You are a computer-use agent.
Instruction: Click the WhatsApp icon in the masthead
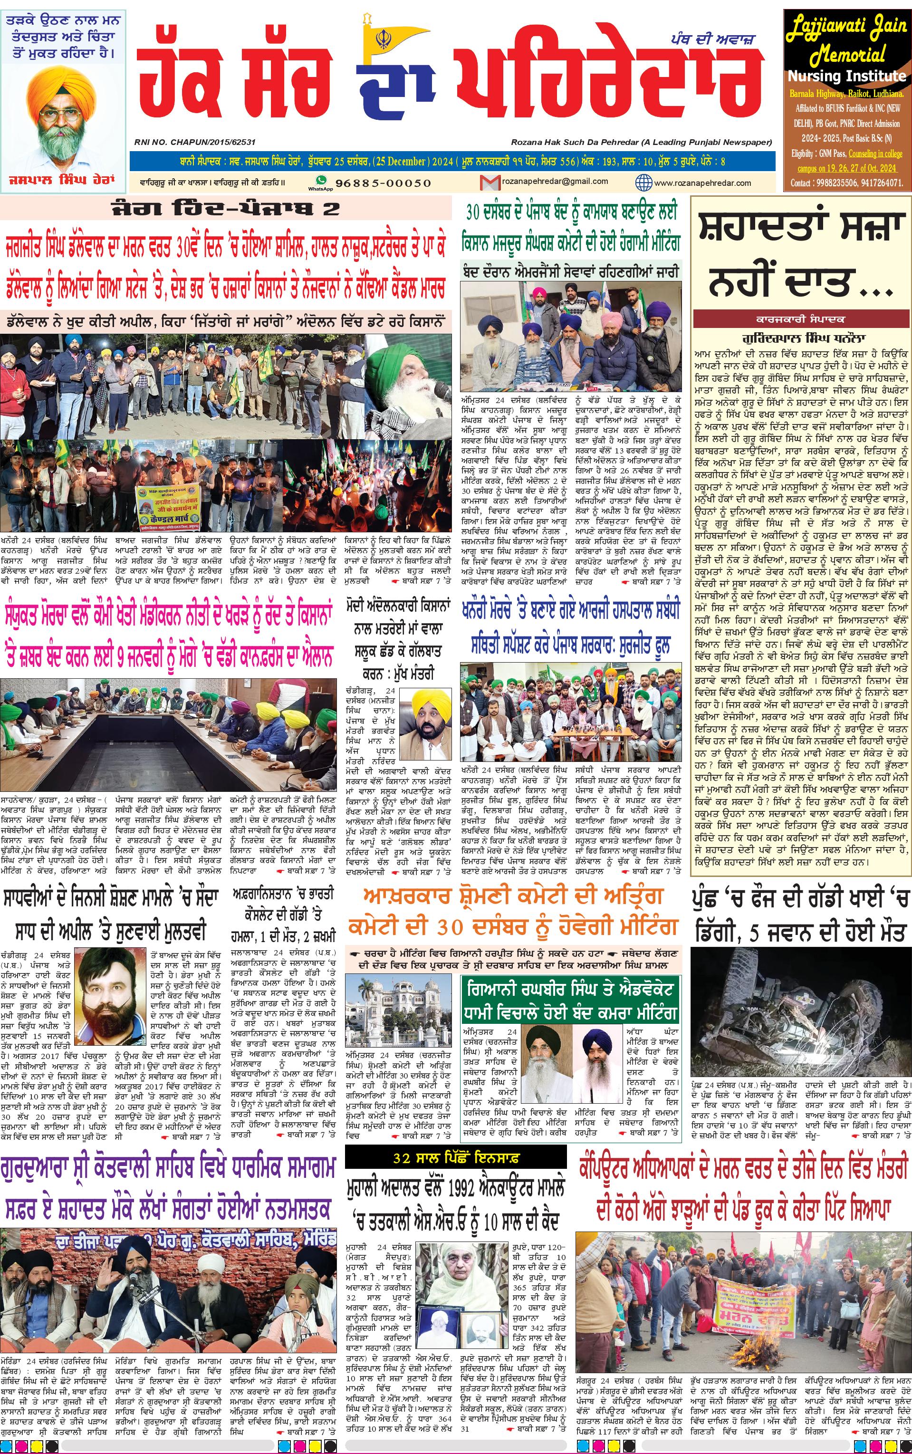[321, 180]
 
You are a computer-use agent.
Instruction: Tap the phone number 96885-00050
[383, 183]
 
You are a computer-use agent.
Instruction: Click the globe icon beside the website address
[644, 182]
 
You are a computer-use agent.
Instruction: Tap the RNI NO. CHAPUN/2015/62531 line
[195, 142]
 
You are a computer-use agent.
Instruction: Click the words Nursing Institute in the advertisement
[846, 77]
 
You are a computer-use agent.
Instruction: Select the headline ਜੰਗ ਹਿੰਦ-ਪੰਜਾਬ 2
[226, 209]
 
